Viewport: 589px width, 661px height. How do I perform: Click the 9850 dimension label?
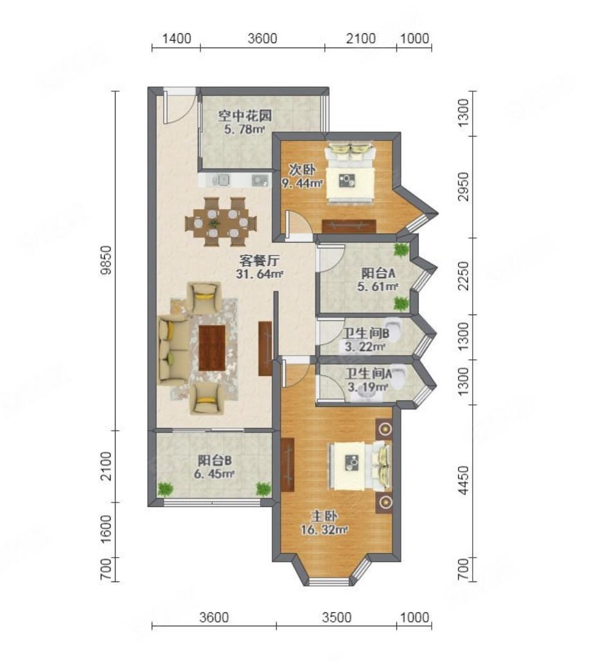(107, 260)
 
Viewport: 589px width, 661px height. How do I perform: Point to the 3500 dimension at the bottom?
(337, 617)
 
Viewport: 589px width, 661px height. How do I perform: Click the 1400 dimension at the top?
(177, 39)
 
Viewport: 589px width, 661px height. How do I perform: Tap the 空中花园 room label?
(245, 116)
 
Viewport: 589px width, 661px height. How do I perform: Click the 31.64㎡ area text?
(259, 274)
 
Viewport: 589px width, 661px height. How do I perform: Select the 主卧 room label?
(324, 517)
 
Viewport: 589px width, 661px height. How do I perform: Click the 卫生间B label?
(365, 334)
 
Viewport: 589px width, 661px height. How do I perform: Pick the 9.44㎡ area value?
(302, 184)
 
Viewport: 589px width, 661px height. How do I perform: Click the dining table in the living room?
(221, 222)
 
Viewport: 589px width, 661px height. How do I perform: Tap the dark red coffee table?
(212, 348)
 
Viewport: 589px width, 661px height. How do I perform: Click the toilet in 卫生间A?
(399, 376)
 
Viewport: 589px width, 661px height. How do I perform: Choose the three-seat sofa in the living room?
(173, 351)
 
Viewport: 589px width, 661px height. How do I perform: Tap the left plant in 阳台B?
(165, 488)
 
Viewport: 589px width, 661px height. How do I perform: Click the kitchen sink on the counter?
(221, 180)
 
